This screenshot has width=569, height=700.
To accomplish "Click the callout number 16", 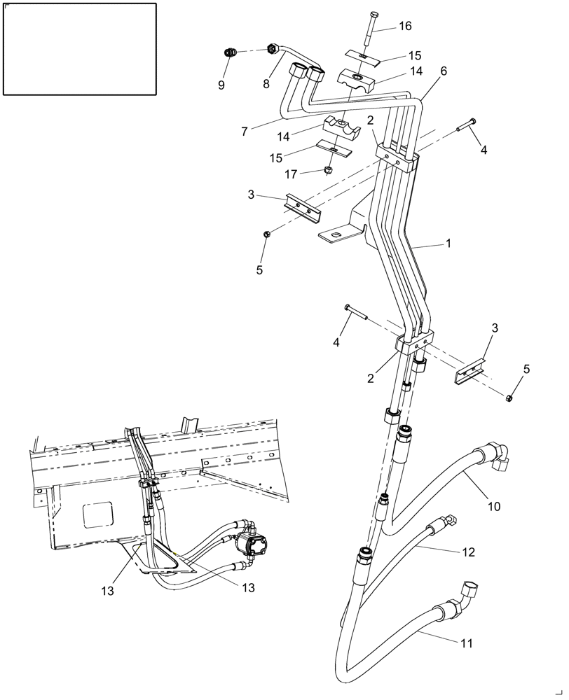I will [405, 26].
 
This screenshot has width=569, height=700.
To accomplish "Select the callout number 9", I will [221, 85].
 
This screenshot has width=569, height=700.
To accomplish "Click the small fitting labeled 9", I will [229, 52].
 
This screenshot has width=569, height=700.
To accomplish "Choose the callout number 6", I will [444, 71].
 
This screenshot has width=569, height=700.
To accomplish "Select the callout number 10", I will [494, 506].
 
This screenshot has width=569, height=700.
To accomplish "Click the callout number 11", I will [466, 642].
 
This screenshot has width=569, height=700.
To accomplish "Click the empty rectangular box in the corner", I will [79, 48].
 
